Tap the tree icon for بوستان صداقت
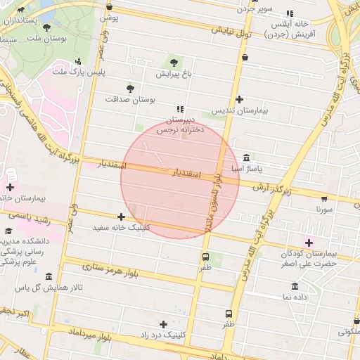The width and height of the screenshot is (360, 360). click(129, 88)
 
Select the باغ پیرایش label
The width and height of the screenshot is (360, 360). click(173, 73)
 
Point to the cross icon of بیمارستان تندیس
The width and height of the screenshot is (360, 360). click(240, 100)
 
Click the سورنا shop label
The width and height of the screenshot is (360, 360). click(324, 209)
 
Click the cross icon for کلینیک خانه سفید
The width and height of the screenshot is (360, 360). click(122, 217)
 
